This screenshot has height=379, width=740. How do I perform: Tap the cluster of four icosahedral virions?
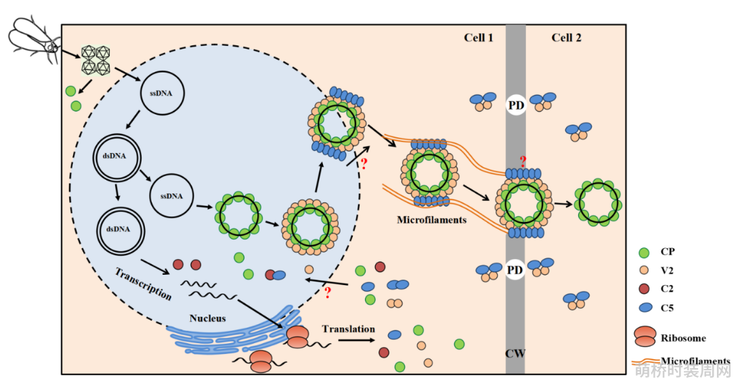96,60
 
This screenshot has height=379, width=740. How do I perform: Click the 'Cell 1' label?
479,38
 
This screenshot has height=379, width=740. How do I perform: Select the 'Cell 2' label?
566,38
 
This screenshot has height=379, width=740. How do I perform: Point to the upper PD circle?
515,105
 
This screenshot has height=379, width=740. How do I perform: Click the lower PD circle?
515,270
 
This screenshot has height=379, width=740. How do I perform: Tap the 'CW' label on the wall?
515,353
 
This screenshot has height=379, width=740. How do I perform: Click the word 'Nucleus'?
208,318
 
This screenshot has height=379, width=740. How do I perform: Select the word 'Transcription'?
144,283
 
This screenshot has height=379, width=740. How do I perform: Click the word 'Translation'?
349,329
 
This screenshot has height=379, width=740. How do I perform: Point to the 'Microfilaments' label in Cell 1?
432,220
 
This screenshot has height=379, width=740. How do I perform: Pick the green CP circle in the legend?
644,252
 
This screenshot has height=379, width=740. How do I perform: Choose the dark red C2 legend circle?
644,288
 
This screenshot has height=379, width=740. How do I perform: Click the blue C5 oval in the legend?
645,308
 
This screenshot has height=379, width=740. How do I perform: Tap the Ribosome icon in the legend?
645,336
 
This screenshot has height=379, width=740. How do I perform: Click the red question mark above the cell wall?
523,162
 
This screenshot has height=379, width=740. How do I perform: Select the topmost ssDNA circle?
162,93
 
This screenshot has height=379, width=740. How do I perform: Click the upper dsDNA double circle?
116,158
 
